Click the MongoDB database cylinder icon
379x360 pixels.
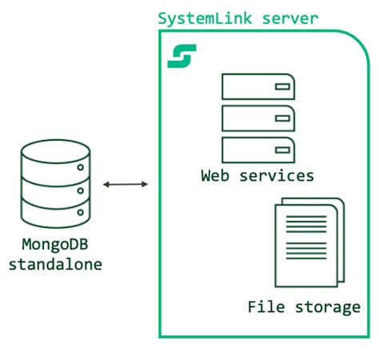tap(55, 182)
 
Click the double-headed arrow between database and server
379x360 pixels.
tap(126, 185)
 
